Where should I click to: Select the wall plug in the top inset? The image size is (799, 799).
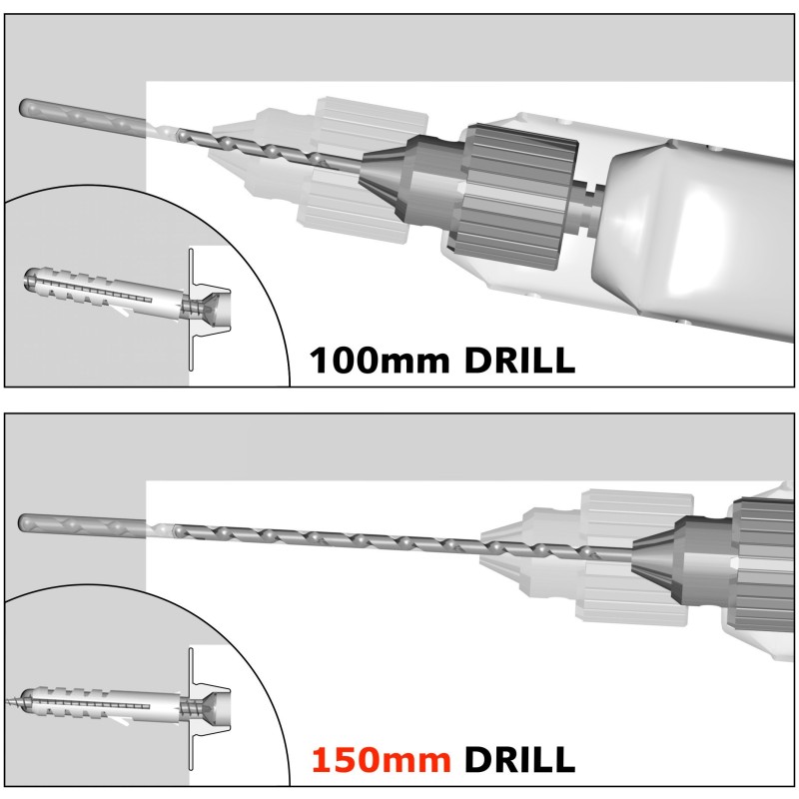tap(100, 290)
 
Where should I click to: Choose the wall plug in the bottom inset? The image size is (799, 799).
tap(100, 701)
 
